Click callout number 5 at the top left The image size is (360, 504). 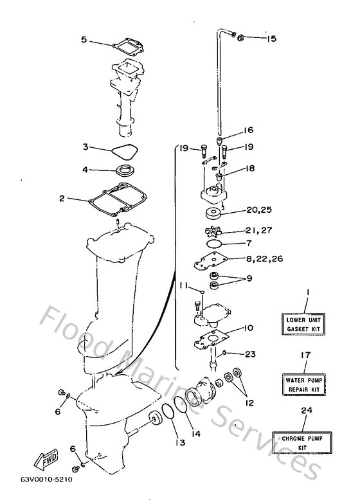coord(84,39)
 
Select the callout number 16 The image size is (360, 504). coord(248,130)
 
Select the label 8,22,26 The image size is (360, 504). coord(265,258)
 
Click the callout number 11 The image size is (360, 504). coord(184,285)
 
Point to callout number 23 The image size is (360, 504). coord(249,353)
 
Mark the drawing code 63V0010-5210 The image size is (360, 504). coord(48,479)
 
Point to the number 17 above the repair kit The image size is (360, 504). coord(306,354)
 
